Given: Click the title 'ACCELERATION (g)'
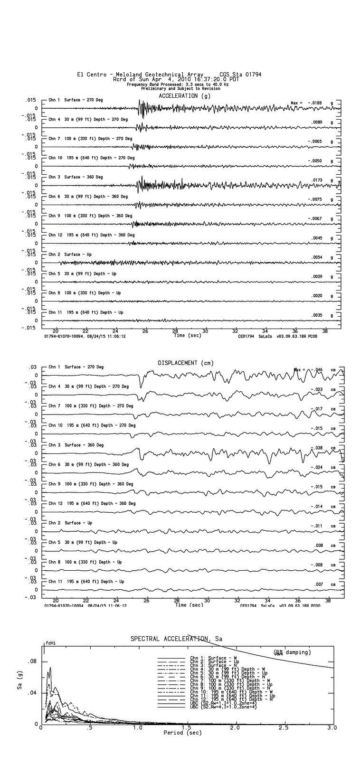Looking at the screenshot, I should point(185,96).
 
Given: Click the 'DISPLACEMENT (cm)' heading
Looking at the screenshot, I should point(186,363).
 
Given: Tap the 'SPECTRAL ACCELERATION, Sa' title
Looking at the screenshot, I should point(176,639).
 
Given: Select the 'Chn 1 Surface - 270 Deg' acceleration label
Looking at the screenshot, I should point(76,100).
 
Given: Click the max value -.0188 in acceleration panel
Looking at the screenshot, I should point(314,103).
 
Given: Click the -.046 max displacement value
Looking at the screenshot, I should point(316,370).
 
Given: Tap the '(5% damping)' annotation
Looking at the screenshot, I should point(292,652).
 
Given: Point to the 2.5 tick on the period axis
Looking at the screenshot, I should point(284,727).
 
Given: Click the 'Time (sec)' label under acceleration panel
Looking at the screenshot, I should point(188,336).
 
